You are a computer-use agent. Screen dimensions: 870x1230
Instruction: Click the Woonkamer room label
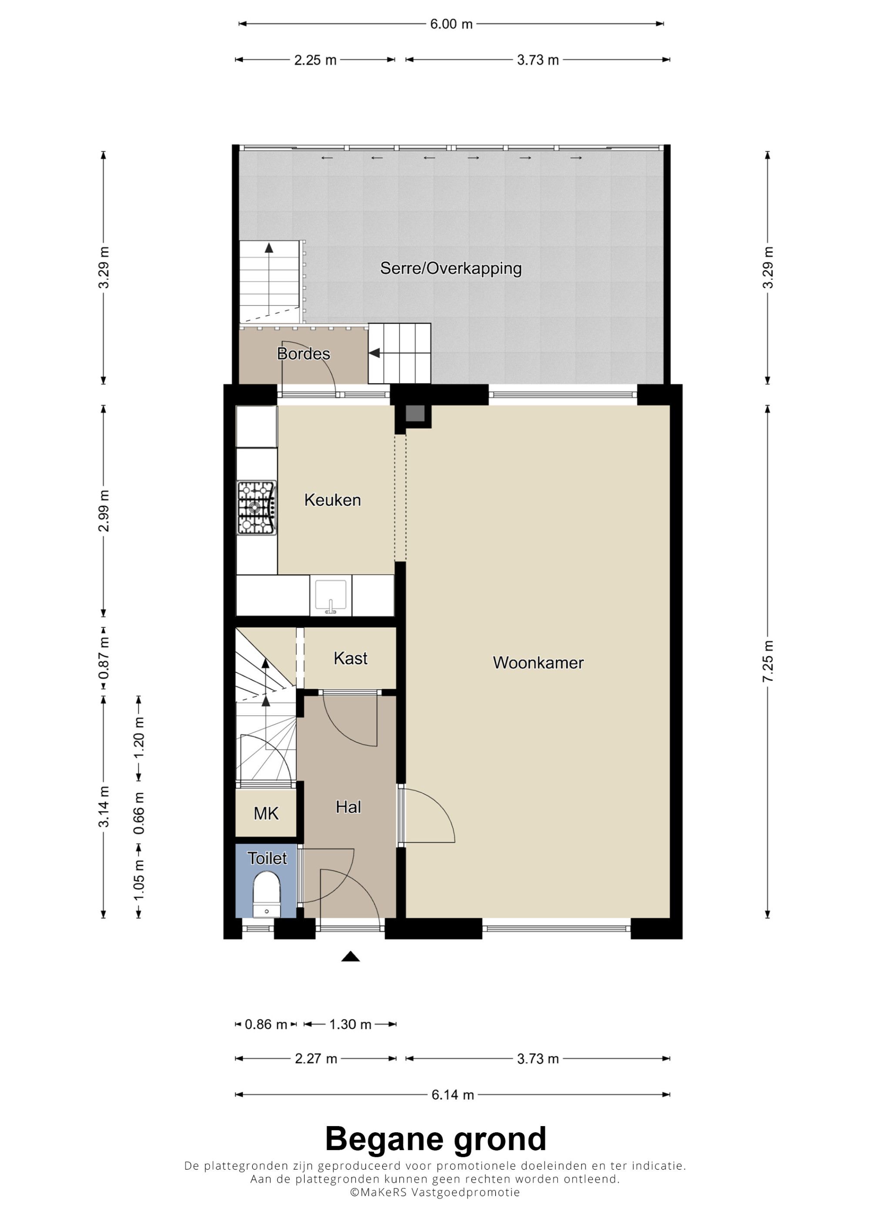click(538, 663)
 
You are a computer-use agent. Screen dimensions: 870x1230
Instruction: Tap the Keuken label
click(332, 500)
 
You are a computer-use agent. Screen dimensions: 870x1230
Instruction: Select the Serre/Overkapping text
click(451, 269)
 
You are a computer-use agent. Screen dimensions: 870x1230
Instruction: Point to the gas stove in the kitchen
click(257, 508)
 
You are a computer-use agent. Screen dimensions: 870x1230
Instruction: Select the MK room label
click(266, 814)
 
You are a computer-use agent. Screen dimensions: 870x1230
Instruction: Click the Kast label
click(351, 658)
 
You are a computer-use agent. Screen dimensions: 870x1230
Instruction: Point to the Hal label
click(348, 807)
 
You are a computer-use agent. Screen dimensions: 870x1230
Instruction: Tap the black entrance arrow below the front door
click(351, 956)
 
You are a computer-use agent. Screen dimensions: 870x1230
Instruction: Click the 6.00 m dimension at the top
click(452, 24)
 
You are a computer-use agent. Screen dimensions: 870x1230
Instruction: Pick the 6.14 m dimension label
click(453, 1095)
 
